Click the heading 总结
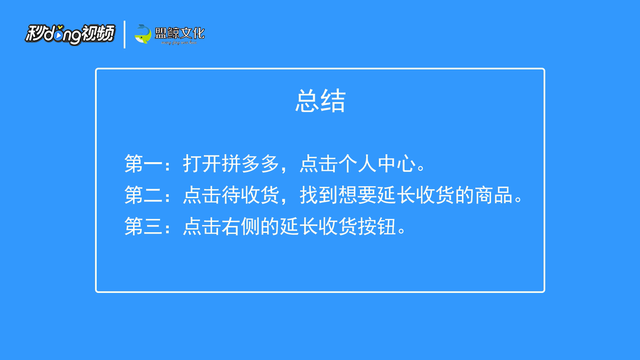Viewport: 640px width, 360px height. (x=321, y=101)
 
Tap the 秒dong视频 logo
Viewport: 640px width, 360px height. (x=70, y=34)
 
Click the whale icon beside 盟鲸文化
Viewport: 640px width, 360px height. (x=143, y=34)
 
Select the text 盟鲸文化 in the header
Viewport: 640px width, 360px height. (x=180, y=33)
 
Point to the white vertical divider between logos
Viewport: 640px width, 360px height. (x=124, y=34)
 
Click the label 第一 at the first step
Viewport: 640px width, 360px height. (x=143, y=163)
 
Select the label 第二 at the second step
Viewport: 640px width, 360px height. (x=143, y=195)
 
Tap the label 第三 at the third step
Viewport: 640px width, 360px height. (x=143, y=226)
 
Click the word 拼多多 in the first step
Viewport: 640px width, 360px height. (x=250, y=163)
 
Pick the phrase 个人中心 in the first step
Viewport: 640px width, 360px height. (x=377, y=163)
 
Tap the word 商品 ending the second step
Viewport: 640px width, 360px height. (x=494, y=195)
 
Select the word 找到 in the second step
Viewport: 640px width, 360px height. (x=319, y=195)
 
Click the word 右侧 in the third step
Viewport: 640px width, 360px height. (x=241, y=226)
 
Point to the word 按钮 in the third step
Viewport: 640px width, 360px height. (x=377, y=226)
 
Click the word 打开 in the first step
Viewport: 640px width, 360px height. (x=202, y=163)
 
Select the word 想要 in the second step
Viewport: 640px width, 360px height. (x=358, y=195)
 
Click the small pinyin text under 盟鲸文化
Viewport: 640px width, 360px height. (x=179, y=43)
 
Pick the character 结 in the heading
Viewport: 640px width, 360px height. (x=333, y=101)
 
